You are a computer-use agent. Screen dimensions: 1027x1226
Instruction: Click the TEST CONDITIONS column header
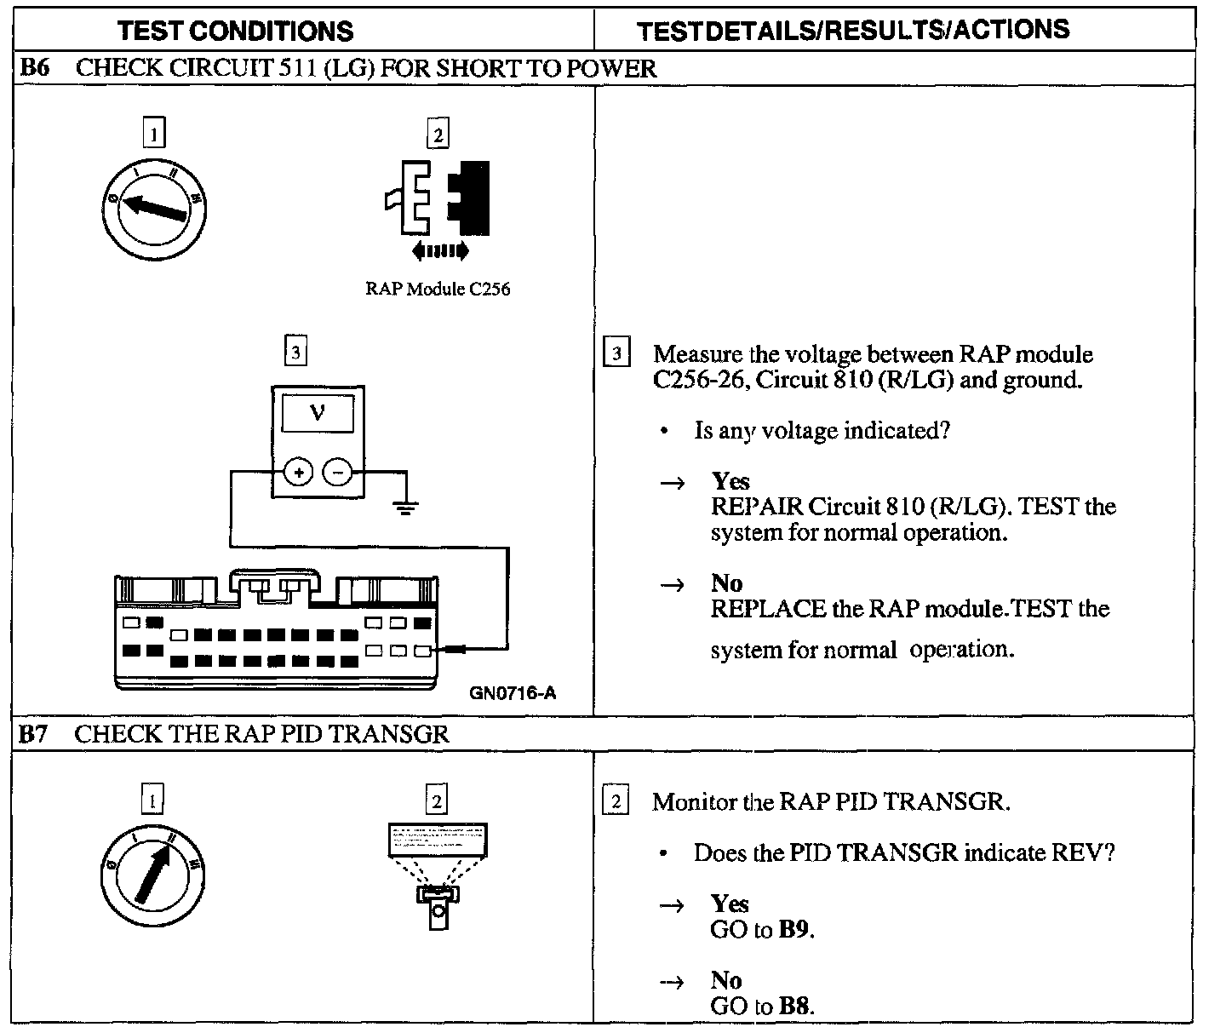click(235, 32)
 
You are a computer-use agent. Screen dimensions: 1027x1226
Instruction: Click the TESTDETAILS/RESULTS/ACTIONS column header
click(853, 31)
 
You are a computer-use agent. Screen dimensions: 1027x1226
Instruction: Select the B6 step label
click(35, 68)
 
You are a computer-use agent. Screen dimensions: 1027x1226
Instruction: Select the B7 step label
click(34, 734)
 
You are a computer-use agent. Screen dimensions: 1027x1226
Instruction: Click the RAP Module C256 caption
click(438, 289)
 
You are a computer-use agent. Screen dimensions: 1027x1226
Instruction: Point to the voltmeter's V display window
click(318, 414)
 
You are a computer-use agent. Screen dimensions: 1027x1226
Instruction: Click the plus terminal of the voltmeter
click(297, 472)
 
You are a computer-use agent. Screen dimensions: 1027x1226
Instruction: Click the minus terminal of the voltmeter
click(338, 472)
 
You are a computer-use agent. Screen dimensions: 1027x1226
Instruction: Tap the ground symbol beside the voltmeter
click(404, 508)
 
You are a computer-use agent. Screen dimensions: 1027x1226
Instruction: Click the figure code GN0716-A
click(513, 693)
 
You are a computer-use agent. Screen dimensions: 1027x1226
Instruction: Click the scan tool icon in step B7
click(437, 873)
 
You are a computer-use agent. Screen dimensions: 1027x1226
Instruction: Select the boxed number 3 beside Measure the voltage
click(616, 353)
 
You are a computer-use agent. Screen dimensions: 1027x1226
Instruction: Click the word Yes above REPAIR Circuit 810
click(730, 482)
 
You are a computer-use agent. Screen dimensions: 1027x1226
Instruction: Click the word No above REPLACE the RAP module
click(726, 583)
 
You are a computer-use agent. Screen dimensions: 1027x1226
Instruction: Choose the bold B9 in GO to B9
click(794, 929)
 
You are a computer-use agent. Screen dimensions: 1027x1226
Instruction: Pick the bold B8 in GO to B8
click(794, 1006)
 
